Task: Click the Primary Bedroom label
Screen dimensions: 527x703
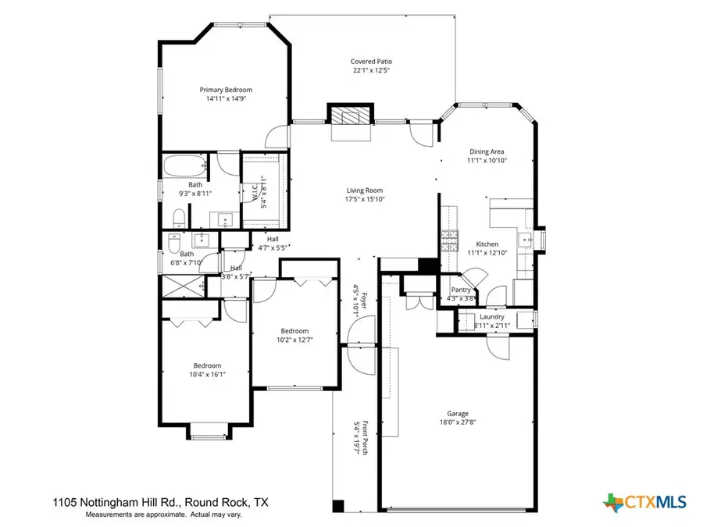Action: point(226,90)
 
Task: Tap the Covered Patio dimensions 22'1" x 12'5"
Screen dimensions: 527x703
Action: point(370,70)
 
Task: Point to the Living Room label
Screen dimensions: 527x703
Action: point(364,190)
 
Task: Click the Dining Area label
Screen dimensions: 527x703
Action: point(487,151)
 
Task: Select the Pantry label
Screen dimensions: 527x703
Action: point(461,289)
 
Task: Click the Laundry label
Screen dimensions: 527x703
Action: point(492,316)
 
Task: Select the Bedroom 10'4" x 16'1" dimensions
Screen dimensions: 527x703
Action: point(208,375)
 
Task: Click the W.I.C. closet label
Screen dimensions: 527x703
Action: point(255,191)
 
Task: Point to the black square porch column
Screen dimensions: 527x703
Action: point(338,506)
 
